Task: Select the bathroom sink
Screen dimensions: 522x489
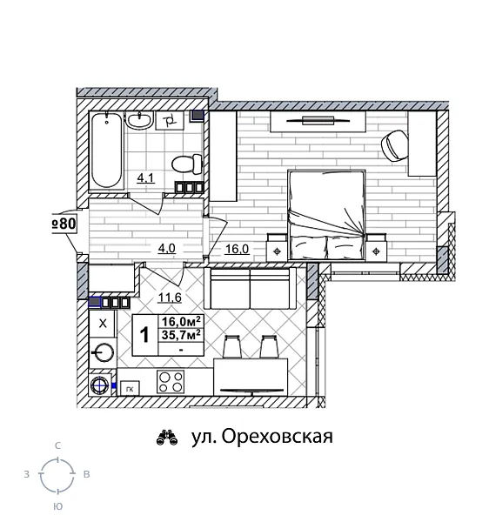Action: click(139, 122)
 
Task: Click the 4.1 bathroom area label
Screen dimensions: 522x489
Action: click(145, 180)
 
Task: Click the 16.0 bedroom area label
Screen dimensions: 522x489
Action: click(237, 248)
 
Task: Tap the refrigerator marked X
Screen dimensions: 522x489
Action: click(103, 324)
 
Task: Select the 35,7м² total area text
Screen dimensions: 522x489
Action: click(181, 334)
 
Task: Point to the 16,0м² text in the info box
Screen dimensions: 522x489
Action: click(181, 321)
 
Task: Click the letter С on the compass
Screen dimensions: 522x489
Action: click(57, 446)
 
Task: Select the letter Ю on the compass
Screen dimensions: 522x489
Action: click(57, 505)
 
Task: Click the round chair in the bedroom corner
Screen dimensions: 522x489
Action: click(394, 144)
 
